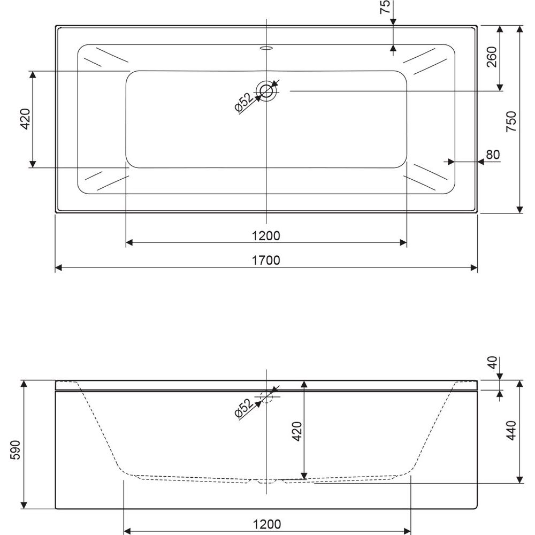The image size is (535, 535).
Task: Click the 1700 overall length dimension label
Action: click(266, 261)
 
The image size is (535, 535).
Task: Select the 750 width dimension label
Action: click(511, 121)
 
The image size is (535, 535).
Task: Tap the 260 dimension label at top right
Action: click(491, 57)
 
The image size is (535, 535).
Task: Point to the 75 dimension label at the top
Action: click(385, 7)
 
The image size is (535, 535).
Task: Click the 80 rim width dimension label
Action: click(493, 155)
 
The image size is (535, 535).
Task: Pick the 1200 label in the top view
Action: click(266, 236)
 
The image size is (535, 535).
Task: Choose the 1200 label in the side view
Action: click(267, 524)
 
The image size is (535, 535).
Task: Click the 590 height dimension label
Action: click(16, 450)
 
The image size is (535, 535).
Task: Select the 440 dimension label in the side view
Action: click(511, 430)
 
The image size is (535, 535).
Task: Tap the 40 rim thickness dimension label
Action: click(492, 363)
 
